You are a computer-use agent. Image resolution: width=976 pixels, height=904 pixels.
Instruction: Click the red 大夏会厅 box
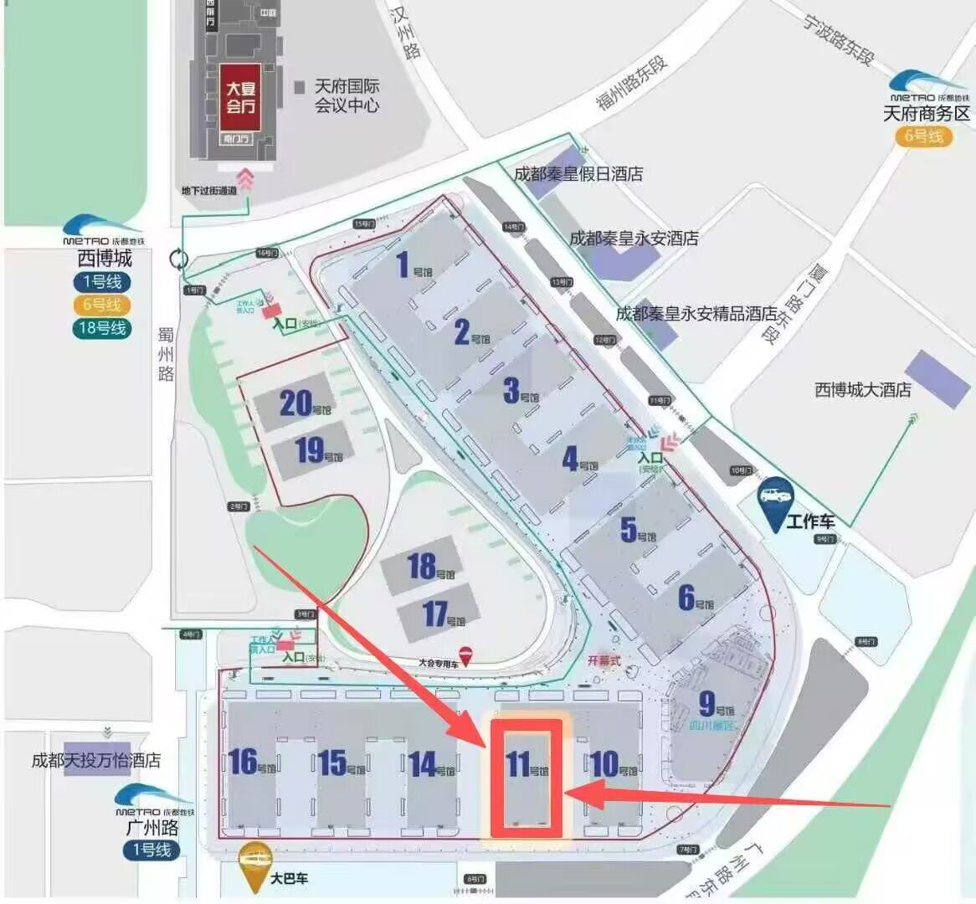click(240, 96)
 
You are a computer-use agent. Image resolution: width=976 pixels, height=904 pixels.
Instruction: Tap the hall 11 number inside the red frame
click(518, 764)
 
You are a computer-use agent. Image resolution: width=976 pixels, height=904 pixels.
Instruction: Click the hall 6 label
click(686, 598)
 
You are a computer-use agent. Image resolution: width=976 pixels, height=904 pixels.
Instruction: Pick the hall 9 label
click(707, 703)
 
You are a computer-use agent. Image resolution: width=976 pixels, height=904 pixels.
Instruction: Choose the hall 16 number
click(243, 762)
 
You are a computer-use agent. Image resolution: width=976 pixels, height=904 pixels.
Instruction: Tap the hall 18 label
click(422, 567)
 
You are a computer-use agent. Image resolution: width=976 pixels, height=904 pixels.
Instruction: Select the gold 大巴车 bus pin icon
click(254, 857)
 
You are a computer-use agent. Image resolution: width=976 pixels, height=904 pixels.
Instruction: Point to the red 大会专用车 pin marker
click(465, 657)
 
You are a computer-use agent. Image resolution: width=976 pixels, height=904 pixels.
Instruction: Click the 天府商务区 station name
click(926, 113)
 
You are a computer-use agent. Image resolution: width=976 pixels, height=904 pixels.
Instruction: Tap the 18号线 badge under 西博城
click(102, 328)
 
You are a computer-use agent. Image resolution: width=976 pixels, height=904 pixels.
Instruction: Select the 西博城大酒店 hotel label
click(862, 389)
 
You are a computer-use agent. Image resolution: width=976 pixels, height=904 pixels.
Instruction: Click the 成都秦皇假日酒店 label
click(578, 174)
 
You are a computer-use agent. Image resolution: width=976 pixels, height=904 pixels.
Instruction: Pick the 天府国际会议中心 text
click(347, 95)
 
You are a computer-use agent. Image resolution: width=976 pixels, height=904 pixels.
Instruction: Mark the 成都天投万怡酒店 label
click(95, 760)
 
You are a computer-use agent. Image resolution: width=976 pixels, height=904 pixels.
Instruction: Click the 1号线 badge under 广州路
click(151, 849)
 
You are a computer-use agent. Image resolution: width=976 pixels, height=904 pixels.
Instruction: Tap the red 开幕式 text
click(604, 660)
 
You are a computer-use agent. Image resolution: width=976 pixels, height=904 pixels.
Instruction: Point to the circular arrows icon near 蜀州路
click(179, 259)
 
